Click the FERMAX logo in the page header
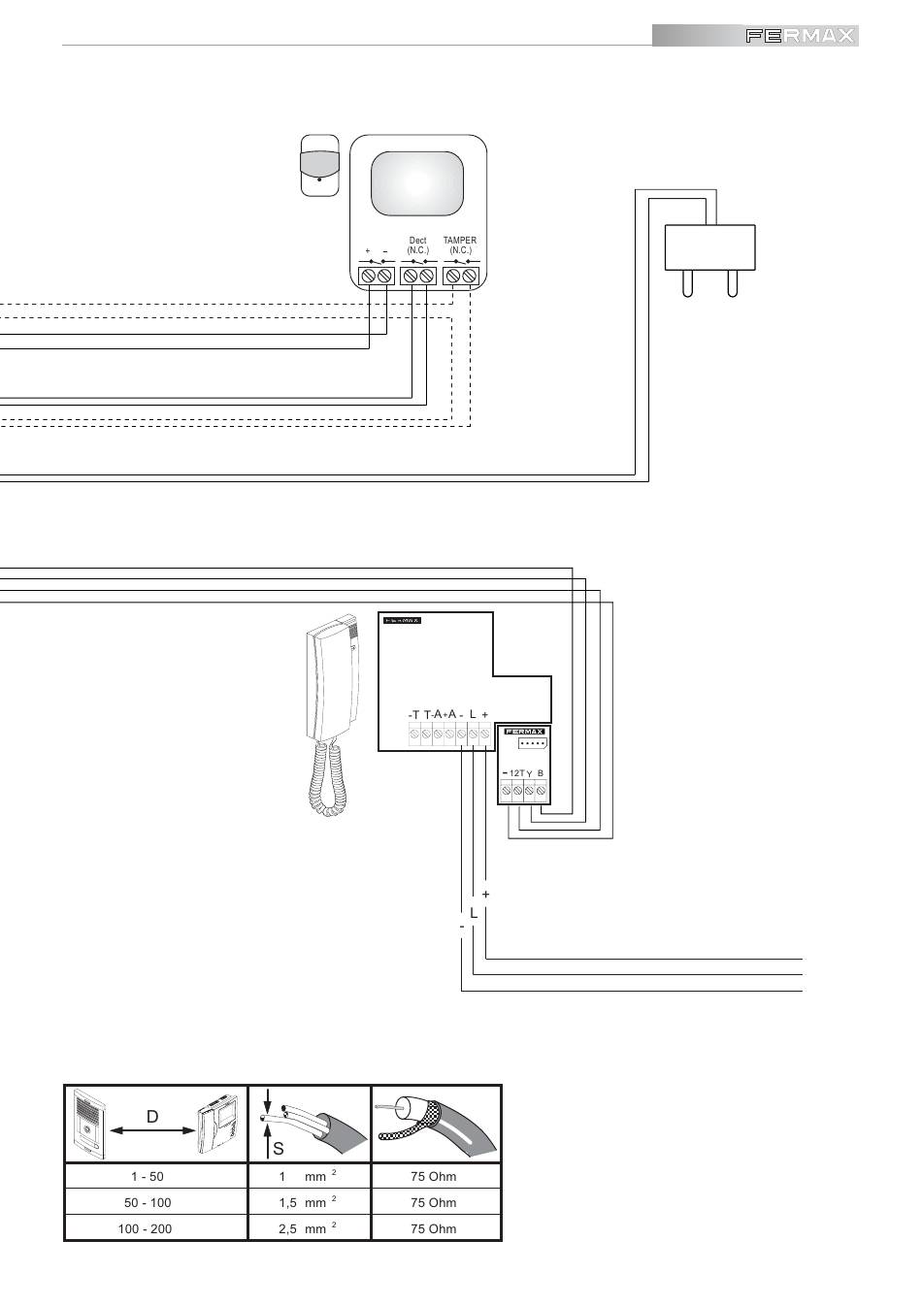point(801,36)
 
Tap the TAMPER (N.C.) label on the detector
point(460,245)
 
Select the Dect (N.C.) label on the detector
point(417,245)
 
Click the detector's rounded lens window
point(417,184)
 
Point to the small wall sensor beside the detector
point(320,165)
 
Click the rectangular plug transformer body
point(709,246)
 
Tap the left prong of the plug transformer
point(687,282)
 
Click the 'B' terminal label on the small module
point(541,772)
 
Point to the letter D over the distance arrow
point(152,1117)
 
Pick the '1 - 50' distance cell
point(148,1176)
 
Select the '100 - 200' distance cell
point(148,1228)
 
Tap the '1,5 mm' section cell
point(303,1202)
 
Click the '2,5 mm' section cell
point(303,1228)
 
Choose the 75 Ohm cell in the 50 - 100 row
point(433,1202)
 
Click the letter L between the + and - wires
point(473,913)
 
